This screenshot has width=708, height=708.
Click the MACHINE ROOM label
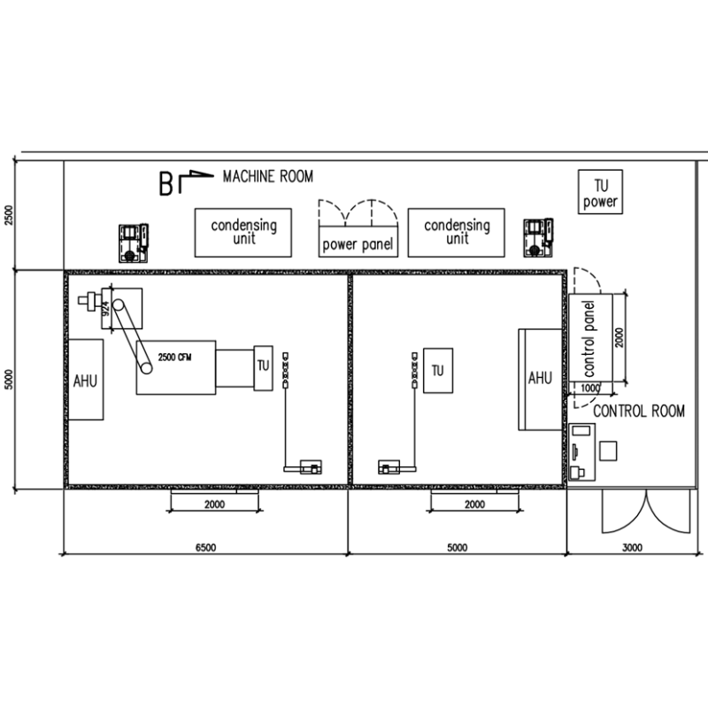click(268, 176)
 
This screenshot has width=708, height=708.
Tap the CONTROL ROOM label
click(638, 411)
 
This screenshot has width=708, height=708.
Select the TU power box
click(600, 191)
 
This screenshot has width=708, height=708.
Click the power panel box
click(358, 242)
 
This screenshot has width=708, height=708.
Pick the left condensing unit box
click(242, 233)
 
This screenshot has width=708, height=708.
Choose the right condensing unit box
click(456, 233)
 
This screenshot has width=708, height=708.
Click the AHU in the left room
click(85, 380)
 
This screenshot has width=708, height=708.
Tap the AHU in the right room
click(541, 380)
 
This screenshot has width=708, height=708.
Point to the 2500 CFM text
click(174, 358)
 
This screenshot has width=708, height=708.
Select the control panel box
click(590, 338)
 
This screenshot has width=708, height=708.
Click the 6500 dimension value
click(205, 547)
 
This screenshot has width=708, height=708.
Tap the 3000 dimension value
click(632, 547)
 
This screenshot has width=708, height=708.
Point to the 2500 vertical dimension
click(9, 215)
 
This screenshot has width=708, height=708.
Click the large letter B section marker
click(165, 184)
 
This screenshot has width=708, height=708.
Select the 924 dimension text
click(106, 308)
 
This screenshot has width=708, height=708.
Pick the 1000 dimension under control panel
click(589, 388)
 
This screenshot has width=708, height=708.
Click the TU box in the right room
click(438, 370)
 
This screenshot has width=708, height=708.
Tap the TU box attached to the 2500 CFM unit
click(263, 368)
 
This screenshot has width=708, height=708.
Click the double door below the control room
click(646, 512)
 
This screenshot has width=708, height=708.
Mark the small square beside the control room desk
click(608, 451)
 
